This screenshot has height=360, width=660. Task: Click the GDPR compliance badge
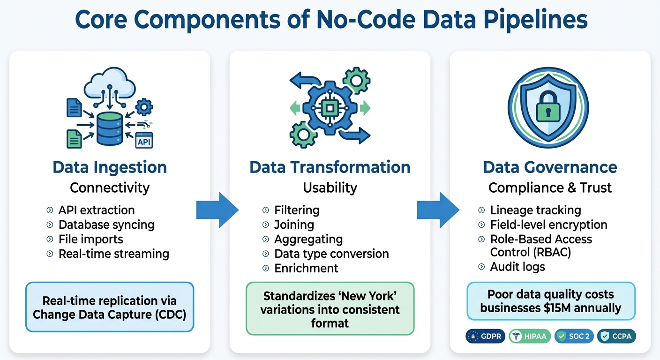click(485, 337)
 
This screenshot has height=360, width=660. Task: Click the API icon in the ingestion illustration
click(144, 141)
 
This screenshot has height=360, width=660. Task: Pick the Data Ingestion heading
click(110, 167)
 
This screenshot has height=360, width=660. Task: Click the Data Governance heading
click(550, 167)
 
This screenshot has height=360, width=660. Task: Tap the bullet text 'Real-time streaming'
click(113, 254)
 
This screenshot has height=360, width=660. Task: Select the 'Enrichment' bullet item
click(306, 269)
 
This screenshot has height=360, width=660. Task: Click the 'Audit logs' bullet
click(517, 267)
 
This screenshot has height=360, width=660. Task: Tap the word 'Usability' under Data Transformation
click(330, 188)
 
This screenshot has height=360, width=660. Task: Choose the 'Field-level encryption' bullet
click(548, 225)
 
